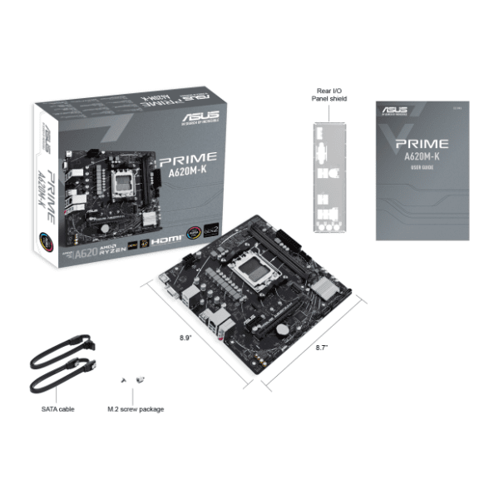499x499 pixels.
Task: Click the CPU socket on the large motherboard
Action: point(264,269)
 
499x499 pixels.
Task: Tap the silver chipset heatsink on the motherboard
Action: point(328,288)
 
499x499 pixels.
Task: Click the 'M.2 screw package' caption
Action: point(136,409)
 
